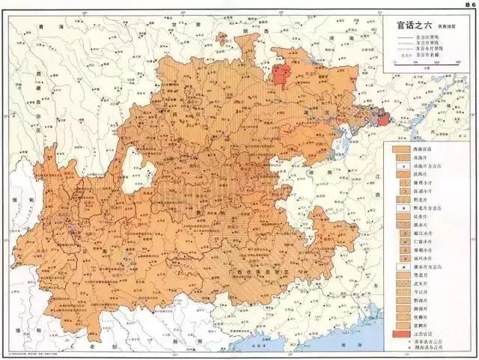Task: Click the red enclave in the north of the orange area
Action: point(282,76)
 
